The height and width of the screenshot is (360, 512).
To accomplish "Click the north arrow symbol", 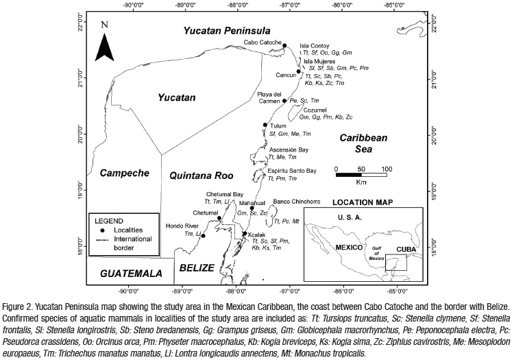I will click(104, 43).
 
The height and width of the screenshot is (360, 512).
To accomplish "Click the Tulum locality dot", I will click(265, 125).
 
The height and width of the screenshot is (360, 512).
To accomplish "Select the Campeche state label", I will click(124, 173).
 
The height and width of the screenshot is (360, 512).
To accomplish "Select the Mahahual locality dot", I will click(252, 208).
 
